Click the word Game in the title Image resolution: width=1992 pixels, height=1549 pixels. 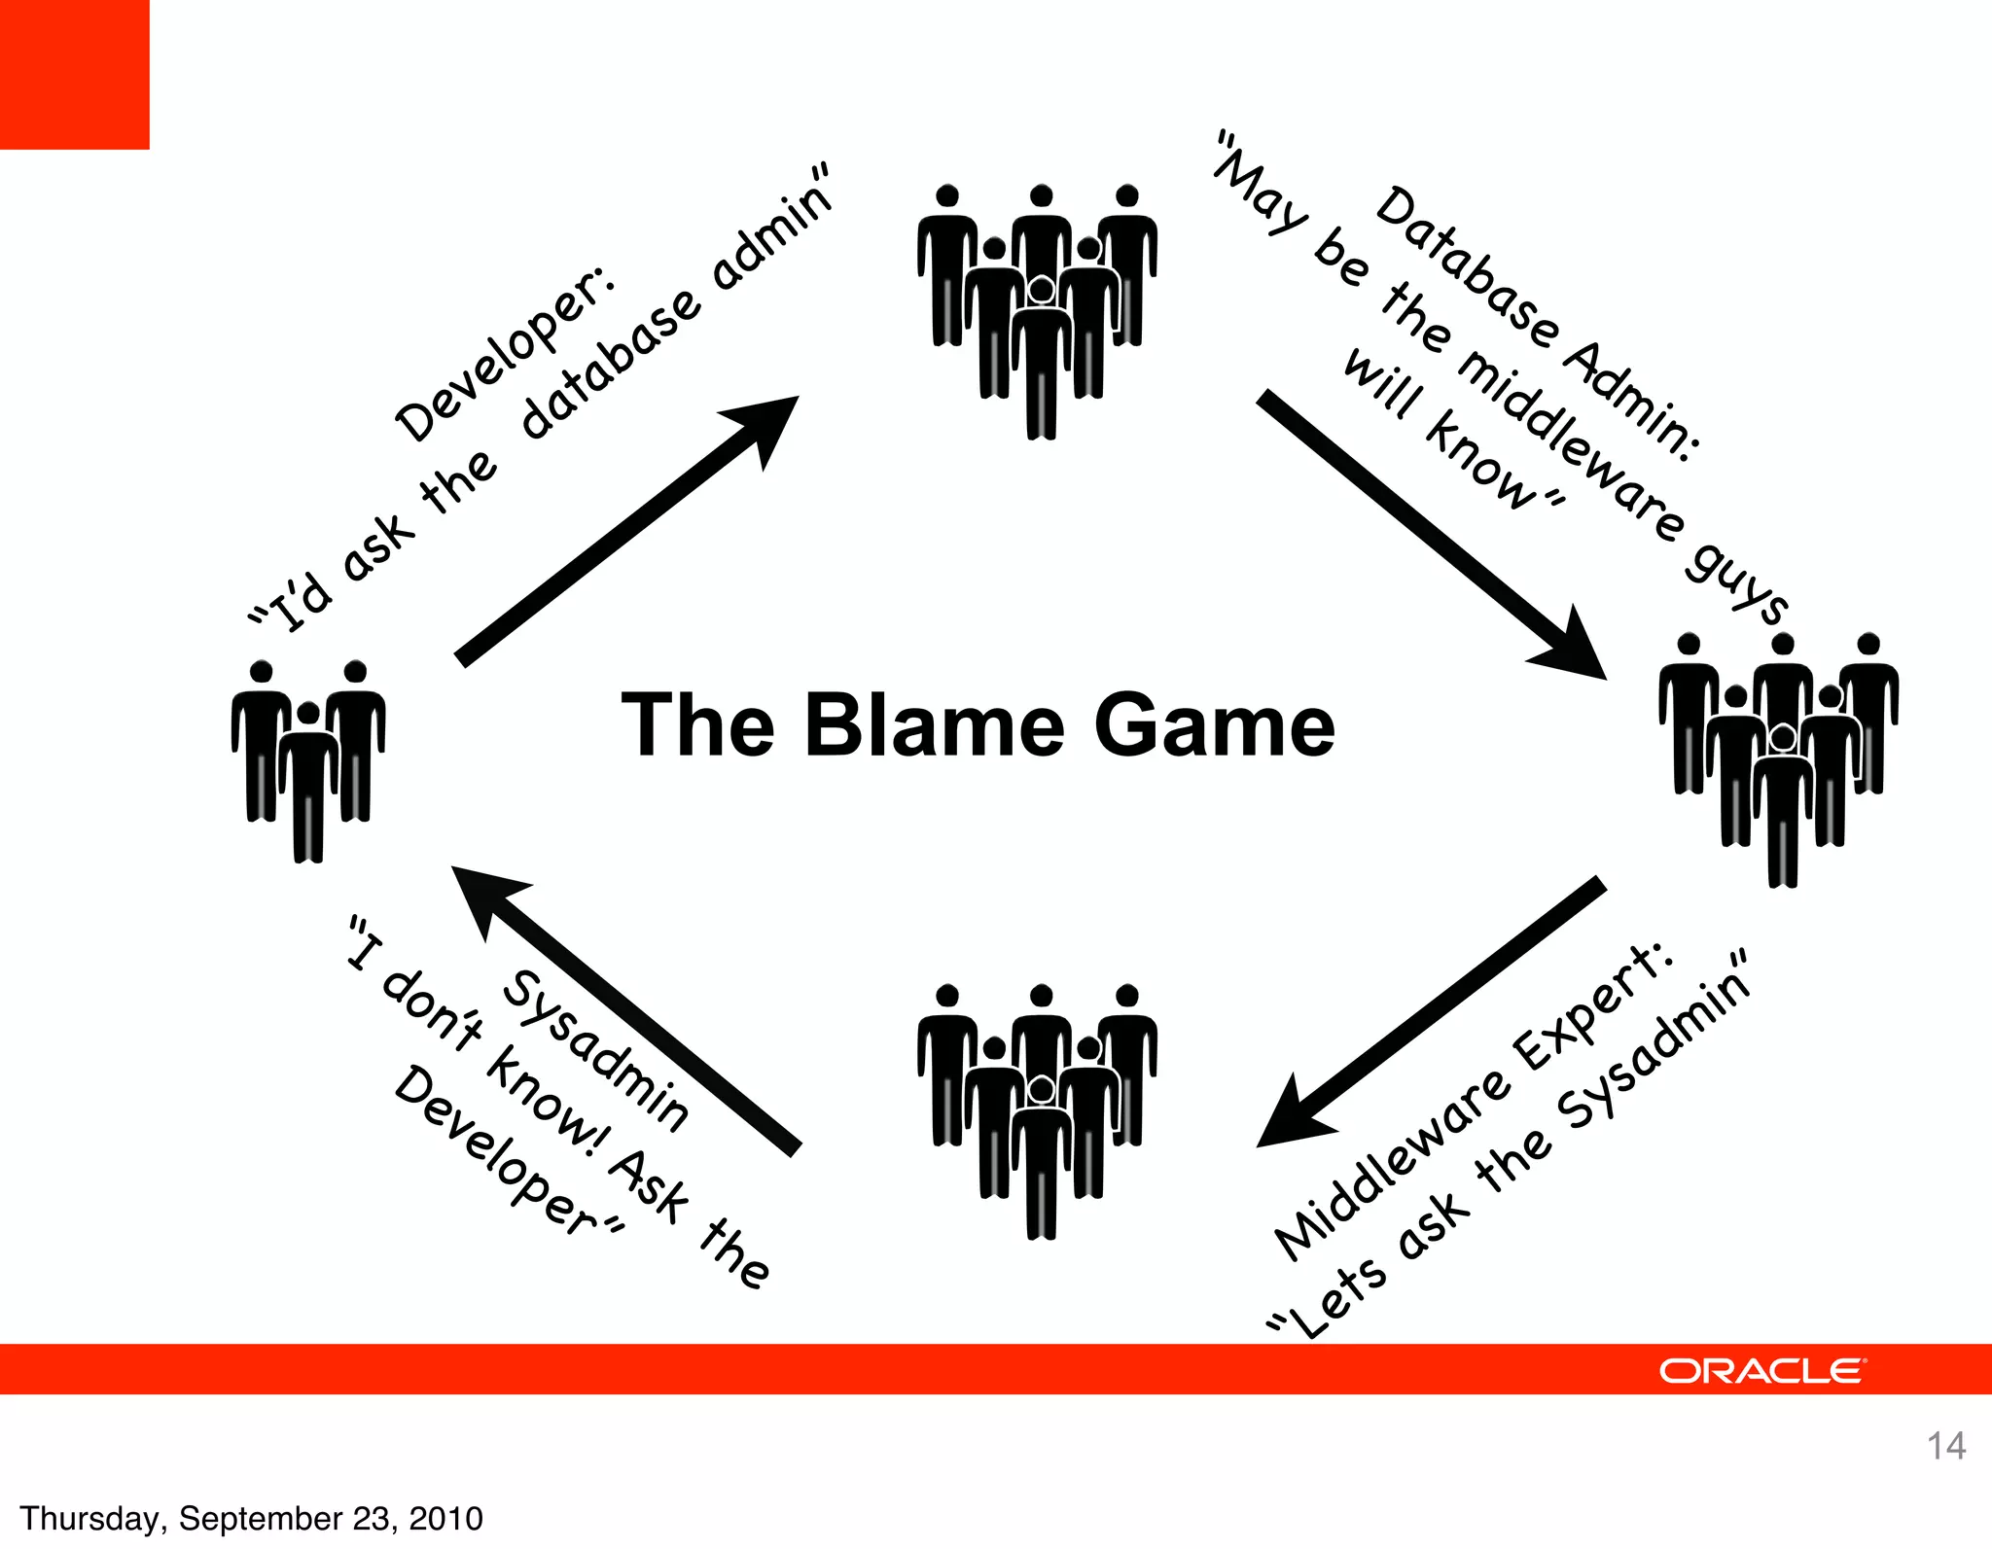tap(1215, 726)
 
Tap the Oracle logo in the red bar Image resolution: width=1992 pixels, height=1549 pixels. tap(1761, 1371)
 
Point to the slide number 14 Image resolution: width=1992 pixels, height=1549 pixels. tap(1946, 1446)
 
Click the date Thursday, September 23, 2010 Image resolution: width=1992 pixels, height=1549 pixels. tap(251, 1518)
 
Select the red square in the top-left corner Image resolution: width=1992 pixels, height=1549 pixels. tap(74, 74)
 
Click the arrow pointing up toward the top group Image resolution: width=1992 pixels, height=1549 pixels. tap(627, 530)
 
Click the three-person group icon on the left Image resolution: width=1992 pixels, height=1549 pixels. tap(308, 758)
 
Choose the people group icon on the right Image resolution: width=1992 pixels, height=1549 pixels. tap(1779, 757)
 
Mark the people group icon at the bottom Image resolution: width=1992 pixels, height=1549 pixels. tap(1038, 1109)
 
